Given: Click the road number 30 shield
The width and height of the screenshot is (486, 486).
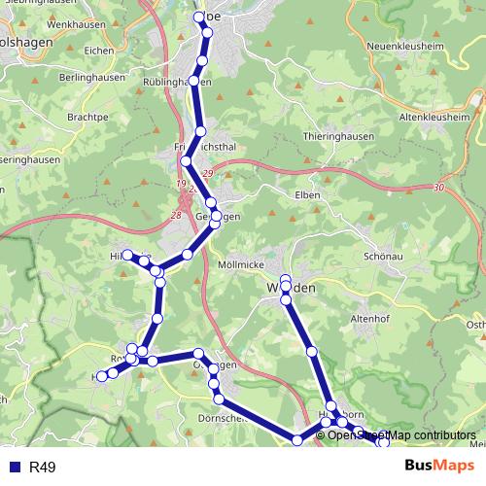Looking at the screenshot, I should [440, 187].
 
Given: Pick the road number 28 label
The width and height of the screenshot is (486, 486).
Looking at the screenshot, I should [176, 215].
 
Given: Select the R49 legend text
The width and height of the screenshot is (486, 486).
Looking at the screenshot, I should [43, 468].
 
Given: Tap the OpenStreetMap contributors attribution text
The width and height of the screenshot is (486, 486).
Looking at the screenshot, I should [401, 435].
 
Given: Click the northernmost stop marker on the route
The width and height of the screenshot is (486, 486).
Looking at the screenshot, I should [201, 16].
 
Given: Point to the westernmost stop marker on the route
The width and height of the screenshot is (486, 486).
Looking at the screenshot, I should [100, 376].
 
